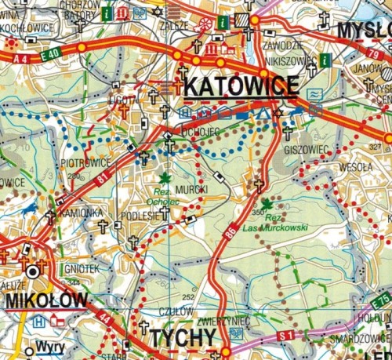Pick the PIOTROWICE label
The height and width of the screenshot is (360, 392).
click(x=84, y=163)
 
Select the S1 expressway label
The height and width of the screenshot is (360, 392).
click(x=285, y=336)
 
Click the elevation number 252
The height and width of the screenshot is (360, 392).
click(x=187, y=296)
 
